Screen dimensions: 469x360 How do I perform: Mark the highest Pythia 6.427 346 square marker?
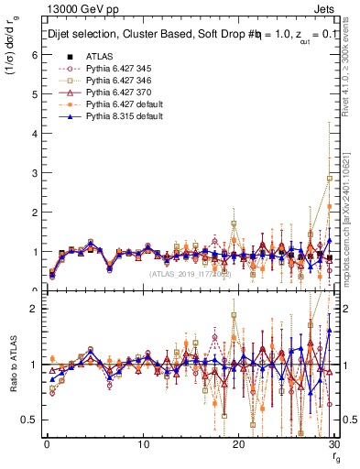pos(330,178)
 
